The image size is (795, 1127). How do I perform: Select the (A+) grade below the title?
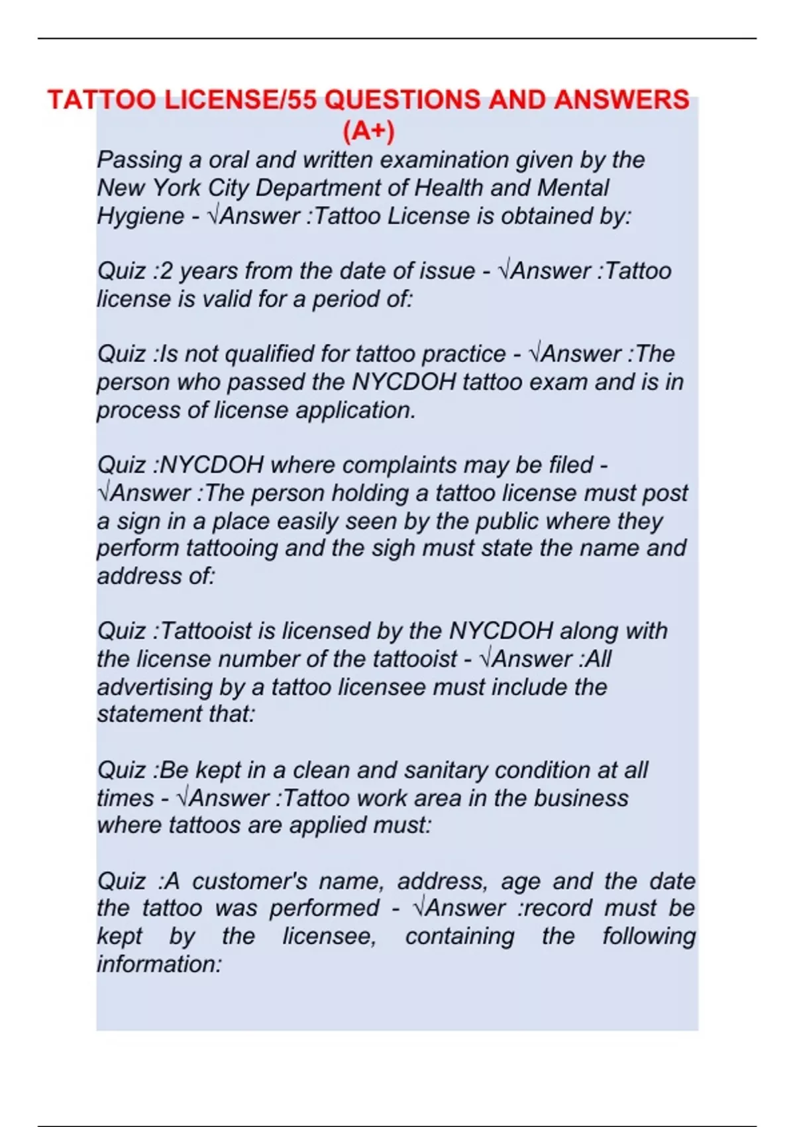point(368,131)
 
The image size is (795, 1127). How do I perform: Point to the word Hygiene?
point(140,216)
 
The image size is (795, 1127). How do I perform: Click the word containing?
point(459,936)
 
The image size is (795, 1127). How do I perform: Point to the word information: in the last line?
point(159,964)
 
